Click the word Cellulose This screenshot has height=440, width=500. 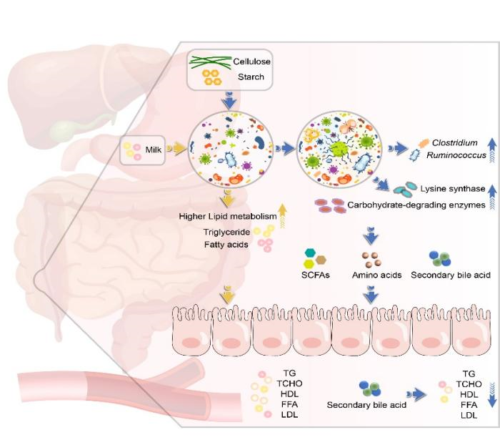coord(249,62)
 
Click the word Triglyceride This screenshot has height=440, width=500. coord(225,231)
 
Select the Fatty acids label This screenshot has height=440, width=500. coord(224,245)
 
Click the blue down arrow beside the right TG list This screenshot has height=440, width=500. coord(491,393)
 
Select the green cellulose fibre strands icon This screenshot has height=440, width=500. coord(211,62)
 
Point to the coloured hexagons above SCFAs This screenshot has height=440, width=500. coord(316,258)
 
